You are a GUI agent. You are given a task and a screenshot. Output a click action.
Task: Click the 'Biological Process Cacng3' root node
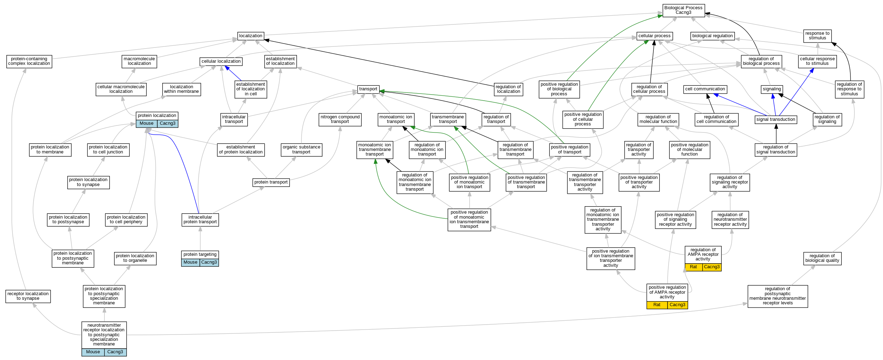pos(683,10)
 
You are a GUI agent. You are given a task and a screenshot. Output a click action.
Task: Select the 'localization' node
pos(251,36)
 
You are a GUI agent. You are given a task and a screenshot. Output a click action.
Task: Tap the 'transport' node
pos(368,89)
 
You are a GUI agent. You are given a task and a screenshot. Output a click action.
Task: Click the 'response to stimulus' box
pos(817,36)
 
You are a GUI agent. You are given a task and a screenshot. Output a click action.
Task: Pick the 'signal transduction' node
pos(776,120)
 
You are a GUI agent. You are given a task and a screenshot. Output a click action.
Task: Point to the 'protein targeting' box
pos(200,254)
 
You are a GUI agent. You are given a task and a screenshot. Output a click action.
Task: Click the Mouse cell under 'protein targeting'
pos(190,263)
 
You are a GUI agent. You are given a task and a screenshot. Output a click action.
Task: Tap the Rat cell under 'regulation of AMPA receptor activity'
pos(693,267)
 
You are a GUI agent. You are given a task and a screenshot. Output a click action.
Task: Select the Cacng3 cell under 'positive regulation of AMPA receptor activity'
pos(677,305)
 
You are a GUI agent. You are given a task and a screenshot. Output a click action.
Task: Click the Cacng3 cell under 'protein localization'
pos(167,124)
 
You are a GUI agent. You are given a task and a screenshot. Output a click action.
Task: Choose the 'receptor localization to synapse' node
pos(28,296)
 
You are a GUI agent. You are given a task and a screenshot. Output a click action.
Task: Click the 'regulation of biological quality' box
pos(822,258)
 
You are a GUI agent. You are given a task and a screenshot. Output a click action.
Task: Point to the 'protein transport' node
pos(271,182)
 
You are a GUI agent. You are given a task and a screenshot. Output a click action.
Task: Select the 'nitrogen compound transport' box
pos(340,119)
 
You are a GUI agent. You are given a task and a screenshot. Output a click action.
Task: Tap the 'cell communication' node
pos(705,89)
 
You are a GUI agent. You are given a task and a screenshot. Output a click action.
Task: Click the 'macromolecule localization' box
pos(139,61)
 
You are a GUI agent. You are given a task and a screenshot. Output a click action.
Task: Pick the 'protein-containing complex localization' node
pos(29,61)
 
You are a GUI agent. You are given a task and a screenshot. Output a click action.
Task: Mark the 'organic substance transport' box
pos(301,150)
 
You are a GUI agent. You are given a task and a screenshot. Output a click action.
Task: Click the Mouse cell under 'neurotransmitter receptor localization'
pos(93,352)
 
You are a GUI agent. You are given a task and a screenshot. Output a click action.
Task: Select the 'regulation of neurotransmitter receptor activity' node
pos(730,220)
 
